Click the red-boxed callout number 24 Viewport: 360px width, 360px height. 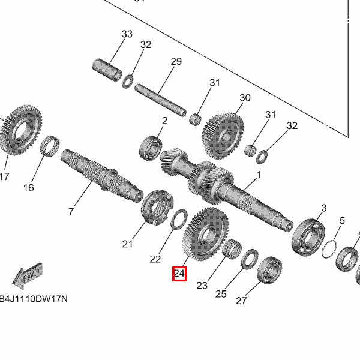click(x=179, y=274)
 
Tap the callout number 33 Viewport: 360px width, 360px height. click(x=127, y=34)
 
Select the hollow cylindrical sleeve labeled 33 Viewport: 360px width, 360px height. click(x=107, y=70)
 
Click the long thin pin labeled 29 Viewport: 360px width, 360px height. click(x=160, y=100)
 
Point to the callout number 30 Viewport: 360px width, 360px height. click(x=245, y=98)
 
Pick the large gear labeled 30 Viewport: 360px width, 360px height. click(x=223, y=136)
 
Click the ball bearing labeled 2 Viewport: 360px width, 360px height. click(x=151, y=148)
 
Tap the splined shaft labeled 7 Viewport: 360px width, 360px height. click(x=102, y=176)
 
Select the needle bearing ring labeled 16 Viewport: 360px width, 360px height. click(x=50, y=146)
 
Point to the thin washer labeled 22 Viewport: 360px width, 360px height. click(x=179, y=219)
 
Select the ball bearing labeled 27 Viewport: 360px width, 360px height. click(x=269, y=271)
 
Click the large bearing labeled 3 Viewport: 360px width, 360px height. click(x=308, y=238)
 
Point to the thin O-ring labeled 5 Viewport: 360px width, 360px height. click(x=329, y=249)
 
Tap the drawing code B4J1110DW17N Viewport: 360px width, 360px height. click(x=34, y=299)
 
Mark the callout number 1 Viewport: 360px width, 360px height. click(x=259, y=175)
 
